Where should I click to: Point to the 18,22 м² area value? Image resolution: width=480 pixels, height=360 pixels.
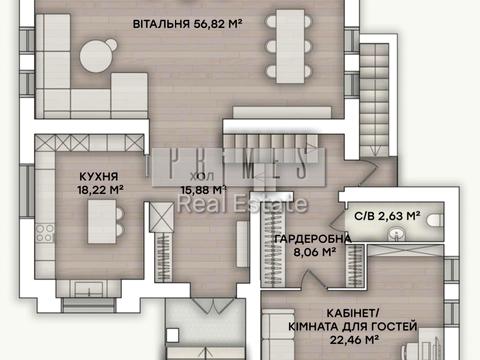(x=101, y=187)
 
